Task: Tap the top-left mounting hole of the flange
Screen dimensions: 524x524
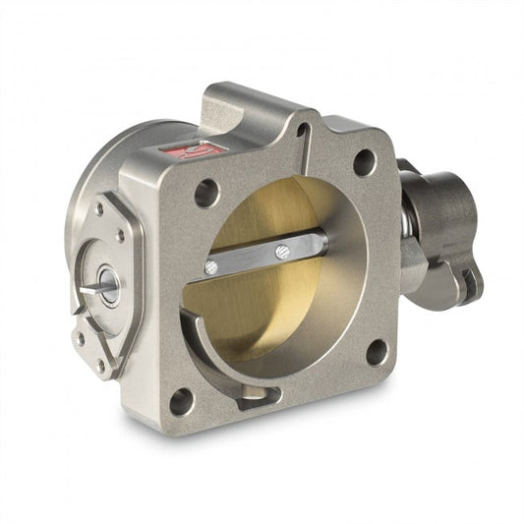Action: [206, 193]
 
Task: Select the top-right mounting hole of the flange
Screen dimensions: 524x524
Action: [364, 161]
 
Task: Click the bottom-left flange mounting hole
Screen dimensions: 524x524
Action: [181, 401]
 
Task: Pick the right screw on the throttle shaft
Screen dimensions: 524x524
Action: [283, 250]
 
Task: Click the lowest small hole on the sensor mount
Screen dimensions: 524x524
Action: [100, 365]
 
